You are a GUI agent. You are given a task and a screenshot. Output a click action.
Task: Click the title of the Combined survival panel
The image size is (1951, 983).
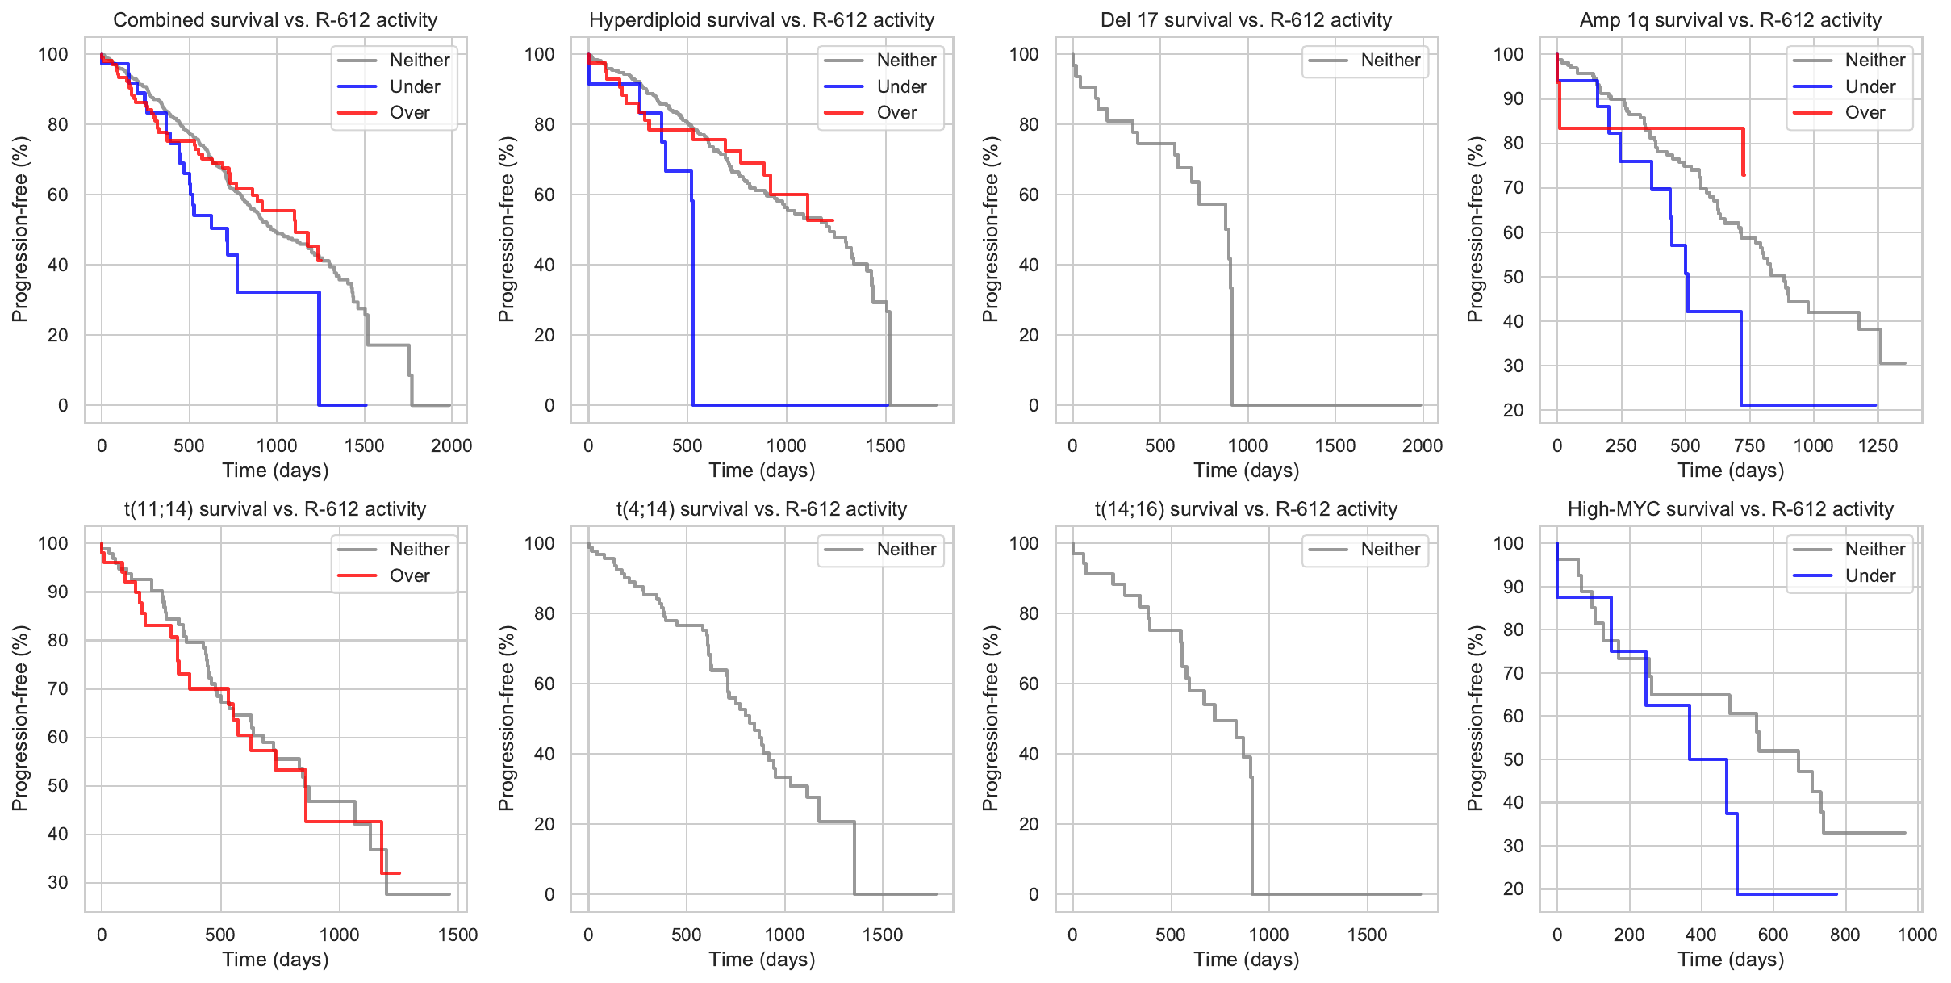pos(275,20)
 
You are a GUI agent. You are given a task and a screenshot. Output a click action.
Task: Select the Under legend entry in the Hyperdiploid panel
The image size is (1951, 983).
pos(901,86)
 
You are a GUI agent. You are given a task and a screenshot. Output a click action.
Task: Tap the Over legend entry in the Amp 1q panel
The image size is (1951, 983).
pos(1865,112)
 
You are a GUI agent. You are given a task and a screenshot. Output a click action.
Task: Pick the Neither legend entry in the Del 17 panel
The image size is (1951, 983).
pos(1390,60)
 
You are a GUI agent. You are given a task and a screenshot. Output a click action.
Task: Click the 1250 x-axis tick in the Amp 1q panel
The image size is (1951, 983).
pos(1878,445)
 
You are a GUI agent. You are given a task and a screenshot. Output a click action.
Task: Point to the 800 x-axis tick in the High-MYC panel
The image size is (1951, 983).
pos(1845,935)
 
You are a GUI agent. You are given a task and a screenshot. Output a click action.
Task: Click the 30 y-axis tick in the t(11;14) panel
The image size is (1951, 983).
pos(58,882)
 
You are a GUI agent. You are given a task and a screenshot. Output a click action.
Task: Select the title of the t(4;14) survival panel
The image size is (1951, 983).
pos(762,509)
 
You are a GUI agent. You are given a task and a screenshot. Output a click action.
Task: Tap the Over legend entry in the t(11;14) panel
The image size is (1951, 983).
pos(409,575)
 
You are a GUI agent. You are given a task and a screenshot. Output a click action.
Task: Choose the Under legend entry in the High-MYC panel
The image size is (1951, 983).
pos(1870,575)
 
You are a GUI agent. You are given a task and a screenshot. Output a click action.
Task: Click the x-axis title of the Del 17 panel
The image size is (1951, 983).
pos(1246,471)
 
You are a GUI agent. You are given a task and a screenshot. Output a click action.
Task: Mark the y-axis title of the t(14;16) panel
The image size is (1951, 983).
pos(990,718)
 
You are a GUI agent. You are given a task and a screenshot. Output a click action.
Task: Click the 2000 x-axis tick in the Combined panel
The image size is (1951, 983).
pos(451,445)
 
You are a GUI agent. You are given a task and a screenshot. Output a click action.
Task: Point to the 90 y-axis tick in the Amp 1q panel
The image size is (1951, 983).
pos(1508,98)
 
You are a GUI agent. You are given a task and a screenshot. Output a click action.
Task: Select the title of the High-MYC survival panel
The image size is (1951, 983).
pos(1730,509)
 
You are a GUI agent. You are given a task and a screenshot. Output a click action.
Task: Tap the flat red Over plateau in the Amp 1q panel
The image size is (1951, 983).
pos(1654,128)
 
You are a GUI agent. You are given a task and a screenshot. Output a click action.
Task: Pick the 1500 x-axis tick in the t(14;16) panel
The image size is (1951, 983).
pos(1367,935)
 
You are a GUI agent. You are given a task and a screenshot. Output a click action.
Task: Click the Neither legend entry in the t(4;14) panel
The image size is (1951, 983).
pos(906,549)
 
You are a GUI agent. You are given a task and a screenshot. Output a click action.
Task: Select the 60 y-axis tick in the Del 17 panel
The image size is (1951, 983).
pos(1028,195)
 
